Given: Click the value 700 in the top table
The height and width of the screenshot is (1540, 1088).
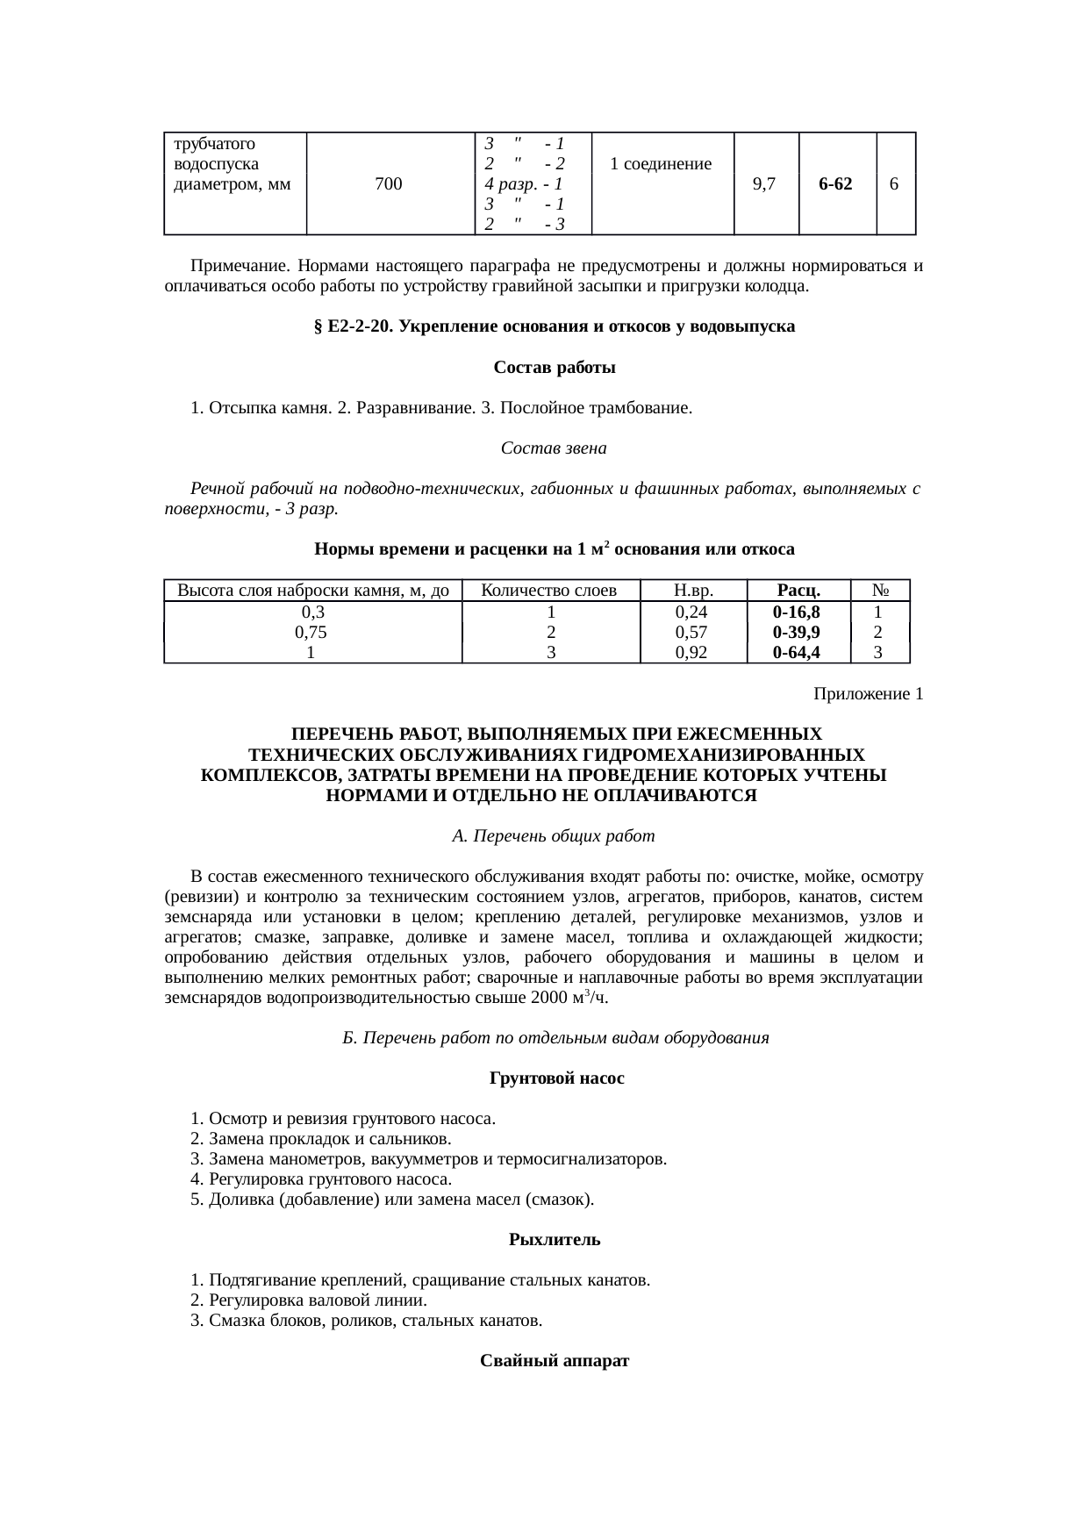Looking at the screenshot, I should pos(388,184).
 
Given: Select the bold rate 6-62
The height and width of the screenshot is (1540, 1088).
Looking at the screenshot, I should pos(836,184).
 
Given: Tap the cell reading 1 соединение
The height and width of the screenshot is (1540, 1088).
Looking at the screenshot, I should pos(660,164).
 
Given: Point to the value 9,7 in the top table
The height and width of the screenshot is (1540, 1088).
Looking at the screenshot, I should pos(764,184).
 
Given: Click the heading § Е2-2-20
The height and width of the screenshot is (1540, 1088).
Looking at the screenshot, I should pos(554,326).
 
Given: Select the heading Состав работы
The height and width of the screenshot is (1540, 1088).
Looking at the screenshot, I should pos(554,368).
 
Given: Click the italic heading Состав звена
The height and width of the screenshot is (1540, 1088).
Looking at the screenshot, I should pos(554,448).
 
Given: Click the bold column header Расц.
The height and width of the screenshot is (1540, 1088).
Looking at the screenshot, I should pos(797,591).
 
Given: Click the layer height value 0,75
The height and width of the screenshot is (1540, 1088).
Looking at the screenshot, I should pos(312,633).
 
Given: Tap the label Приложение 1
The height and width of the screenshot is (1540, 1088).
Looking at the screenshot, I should pos(868,694).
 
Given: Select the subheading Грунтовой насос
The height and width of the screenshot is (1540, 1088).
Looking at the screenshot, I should pos(556,1078).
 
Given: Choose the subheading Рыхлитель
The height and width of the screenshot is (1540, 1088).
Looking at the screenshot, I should pos(554,1240).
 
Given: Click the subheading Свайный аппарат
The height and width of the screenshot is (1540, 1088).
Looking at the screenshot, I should pos(555,1361).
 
